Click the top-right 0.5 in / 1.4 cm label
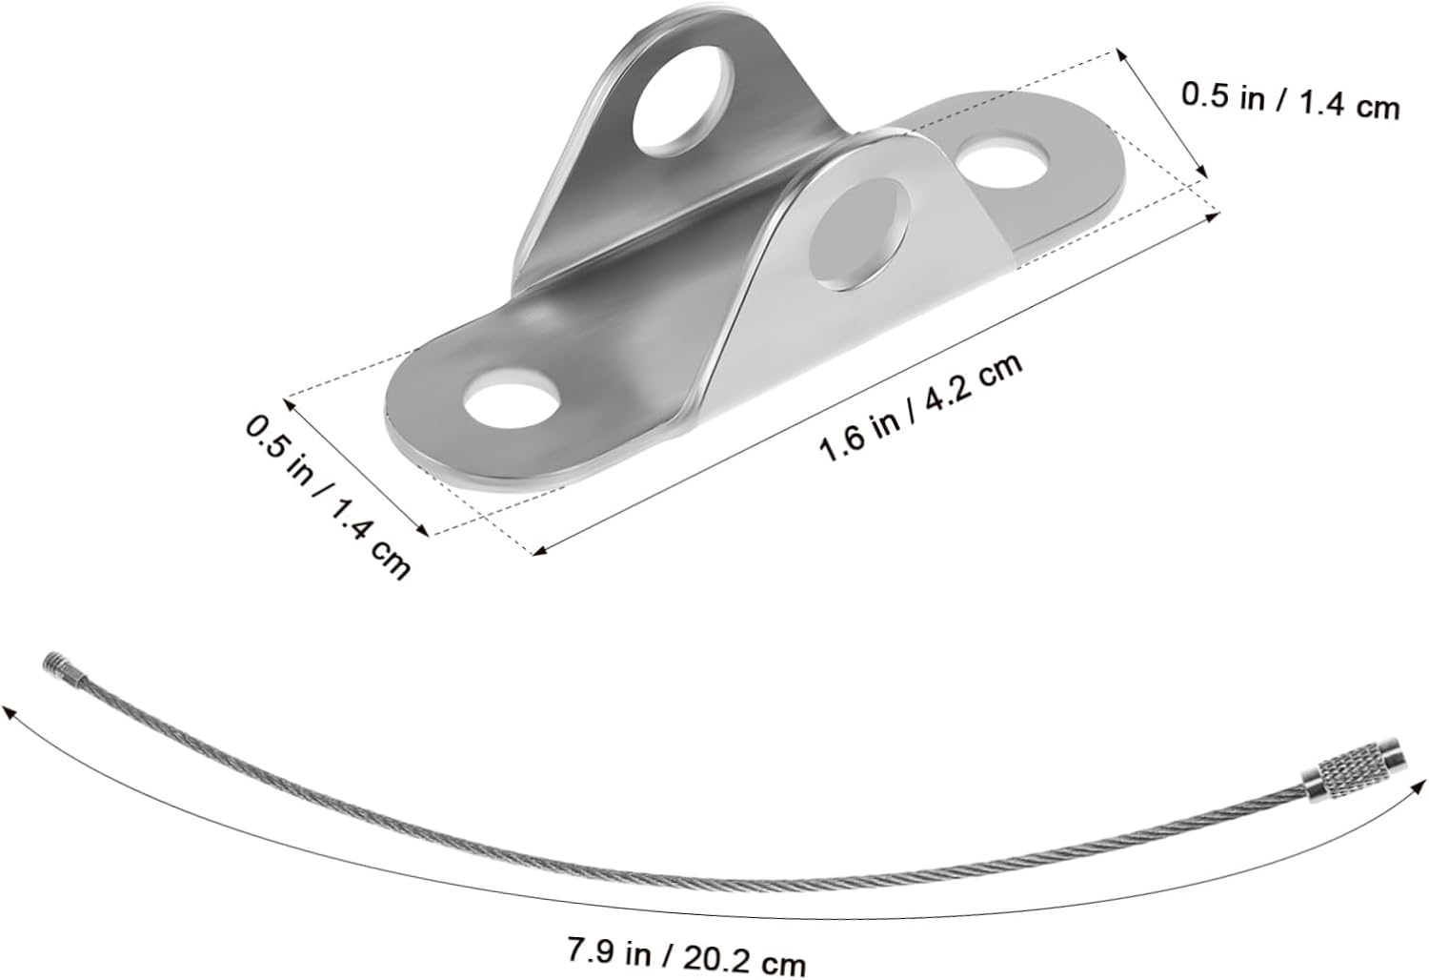pos(1290,101)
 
